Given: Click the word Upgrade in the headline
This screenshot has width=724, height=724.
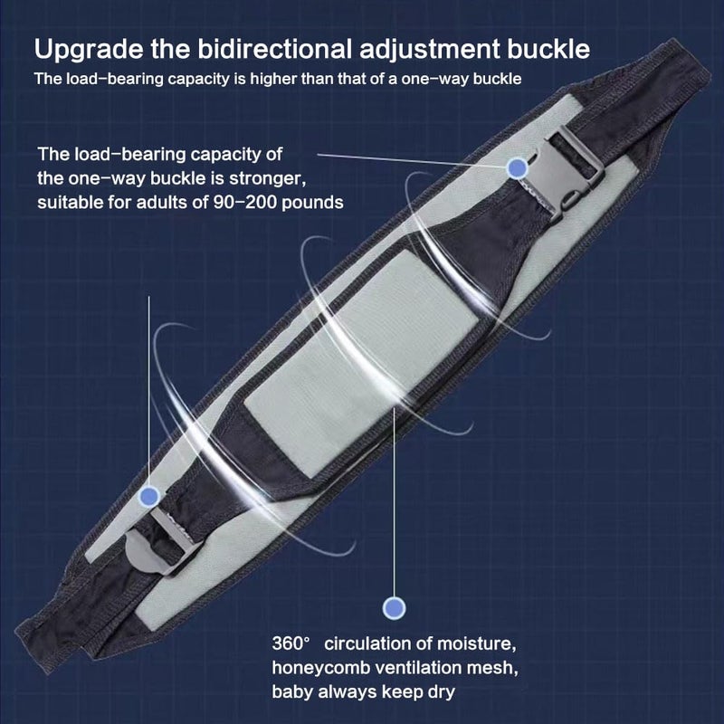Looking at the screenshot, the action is tap(89, 51).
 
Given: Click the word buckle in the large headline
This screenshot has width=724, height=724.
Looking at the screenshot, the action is tap(549, 49).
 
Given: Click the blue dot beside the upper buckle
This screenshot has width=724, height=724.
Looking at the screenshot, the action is tap(517, 167).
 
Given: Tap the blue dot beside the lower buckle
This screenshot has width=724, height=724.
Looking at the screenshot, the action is tap(148, 497).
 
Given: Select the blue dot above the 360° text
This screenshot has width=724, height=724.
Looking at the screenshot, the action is tap(394, 608).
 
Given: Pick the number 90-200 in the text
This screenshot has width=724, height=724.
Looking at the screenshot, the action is tap(244, 202).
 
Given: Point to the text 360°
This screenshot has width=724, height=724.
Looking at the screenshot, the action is tap(291, 643).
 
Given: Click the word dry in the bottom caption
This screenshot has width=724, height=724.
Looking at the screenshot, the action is tap(442, 692).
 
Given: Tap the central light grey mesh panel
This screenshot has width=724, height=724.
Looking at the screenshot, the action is tap(361, 341).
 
